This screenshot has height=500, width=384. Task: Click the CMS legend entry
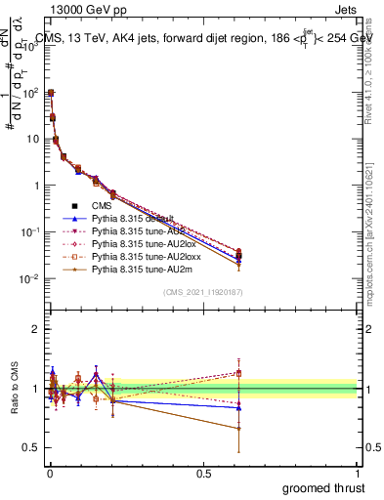point(102,205)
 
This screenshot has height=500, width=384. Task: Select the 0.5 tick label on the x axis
point(203,471)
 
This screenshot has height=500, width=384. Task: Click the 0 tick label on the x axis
point(50,471)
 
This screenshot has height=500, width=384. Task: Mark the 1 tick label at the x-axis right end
point(359,471)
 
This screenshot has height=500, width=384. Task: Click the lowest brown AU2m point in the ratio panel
point(237,428)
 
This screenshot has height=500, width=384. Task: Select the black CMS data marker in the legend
point(74,205)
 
